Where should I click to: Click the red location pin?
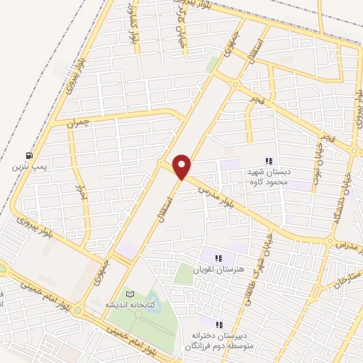[x=183, y=167]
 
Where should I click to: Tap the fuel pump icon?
[x=28, y=155]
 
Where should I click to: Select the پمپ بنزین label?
[x=28, y=168]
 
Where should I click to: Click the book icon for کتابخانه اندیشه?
[x=129, y=293]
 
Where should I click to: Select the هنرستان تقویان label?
[x=219, y=270]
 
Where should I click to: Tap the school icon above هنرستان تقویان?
[x=219, y=258]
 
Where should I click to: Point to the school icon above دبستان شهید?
[x=269, y=160]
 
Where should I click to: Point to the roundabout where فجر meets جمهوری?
[x=234, y=84]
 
